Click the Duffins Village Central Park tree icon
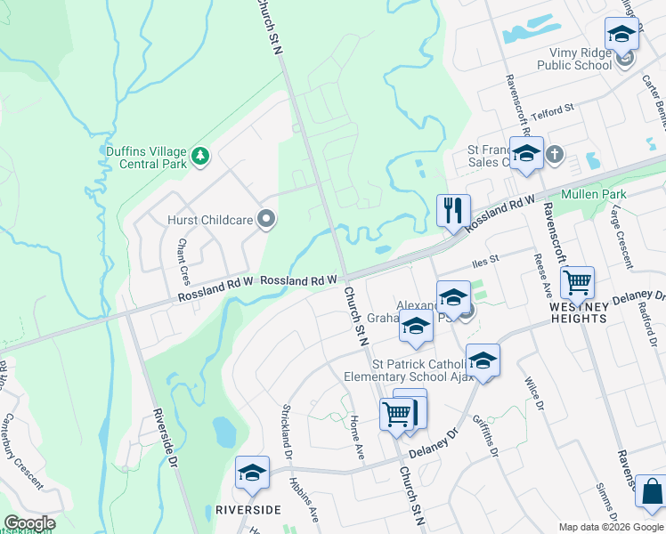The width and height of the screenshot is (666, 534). point(201,157)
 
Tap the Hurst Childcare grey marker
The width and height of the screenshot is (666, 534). point(265,219)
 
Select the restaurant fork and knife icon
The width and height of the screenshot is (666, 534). point(453,211)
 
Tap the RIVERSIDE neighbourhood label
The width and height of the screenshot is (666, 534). point(248,509)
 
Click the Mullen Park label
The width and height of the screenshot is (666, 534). point(594,195)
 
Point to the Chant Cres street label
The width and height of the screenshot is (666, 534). point(183,255)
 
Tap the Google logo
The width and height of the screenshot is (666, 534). point(29,523)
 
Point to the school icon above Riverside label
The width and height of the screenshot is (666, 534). point(252,472)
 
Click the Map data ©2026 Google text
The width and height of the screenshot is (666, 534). point(610,526)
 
